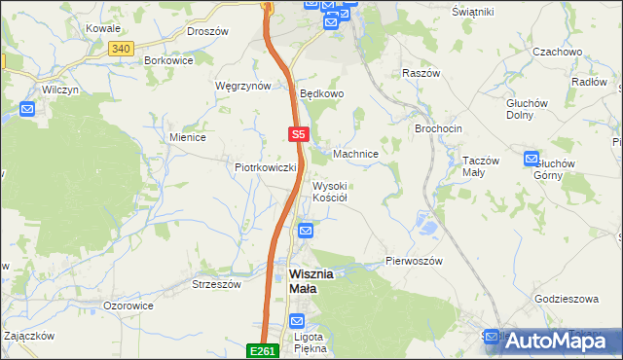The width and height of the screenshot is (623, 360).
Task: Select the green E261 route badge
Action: pyautogui.click(x=264, y=350)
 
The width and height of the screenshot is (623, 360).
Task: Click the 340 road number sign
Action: pyautogui.click(x=121, y=48)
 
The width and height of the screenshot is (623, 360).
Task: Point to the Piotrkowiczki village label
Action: pyautogui.click(x=265, y=167)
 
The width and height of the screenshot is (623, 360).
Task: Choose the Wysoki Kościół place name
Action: pyautogui.click(x=330, y=191)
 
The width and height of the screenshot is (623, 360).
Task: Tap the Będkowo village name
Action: pyautogui.click(x=322, y=94)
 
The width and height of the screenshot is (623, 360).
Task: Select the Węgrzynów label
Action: pyautogui.click(x=242, y=86)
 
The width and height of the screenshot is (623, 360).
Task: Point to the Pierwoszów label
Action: pyautogui.click(x=414, y=262)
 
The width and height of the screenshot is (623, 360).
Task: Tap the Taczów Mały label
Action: pyautogui.click(x=480, y=166)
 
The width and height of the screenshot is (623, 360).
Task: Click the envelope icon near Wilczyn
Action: pyautogui.click(x=27, y=108)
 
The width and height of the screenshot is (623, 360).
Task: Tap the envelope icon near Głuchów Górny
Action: pyautogui.click(x=531, y=158)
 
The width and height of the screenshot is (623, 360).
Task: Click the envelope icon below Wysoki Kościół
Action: pyautogui.click(x=306, y=231)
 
